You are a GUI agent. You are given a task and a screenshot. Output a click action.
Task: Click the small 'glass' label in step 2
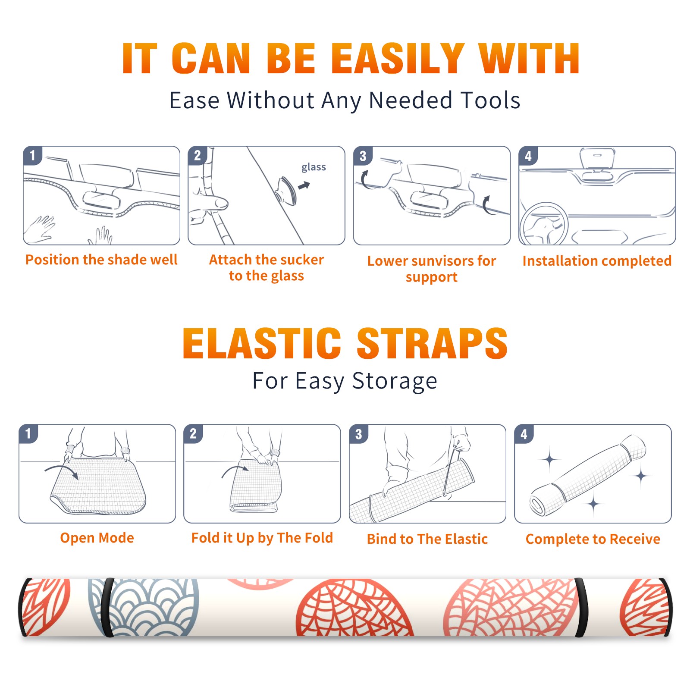(x=314, y=167)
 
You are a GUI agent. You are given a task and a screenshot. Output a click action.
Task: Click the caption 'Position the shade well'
(x=101, y=260)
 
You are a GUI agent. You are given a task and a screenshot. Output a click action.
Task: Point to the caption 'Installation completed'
(x=597, y=260)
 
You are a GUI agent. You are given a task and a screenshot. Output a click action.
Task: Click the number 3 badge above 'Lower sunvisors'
(x=363, y=156)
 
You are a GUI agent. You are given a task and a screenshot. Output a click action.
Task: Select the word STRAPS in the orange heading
(x=432, y=343)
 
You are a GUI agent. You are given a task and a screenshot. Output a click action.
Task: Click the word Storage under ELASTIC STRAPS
(x=395, y=381)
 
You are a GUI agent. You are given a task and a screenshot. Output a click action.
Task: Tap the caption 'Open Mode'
(x=97, y=538)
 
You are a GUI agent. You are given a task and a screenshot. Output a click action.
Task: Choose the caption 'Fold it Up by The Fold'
(x=262, y=538)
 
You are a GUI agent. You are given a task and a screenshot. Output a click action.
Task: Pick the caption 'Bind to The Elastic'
(x=427, y=539)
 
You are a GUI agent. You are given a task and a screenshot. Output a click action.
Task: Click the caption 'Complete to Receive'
(x=593, y=539)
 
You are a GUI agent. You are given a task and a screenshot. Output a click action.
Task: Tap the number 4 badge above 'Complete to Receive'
(x=524, y=434)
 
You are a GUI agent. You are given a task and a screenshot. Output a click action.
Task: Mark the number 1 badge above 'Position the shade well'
(x=32, y=155)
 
